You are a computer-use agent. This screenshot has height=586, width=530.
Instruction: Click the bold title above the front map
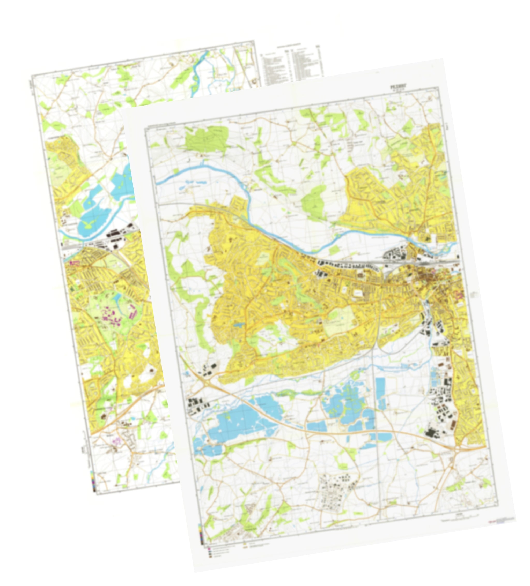click(399, 86)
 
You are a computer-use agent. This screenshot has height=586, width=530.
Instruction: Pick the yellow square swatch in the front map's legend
click(245, 542)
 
